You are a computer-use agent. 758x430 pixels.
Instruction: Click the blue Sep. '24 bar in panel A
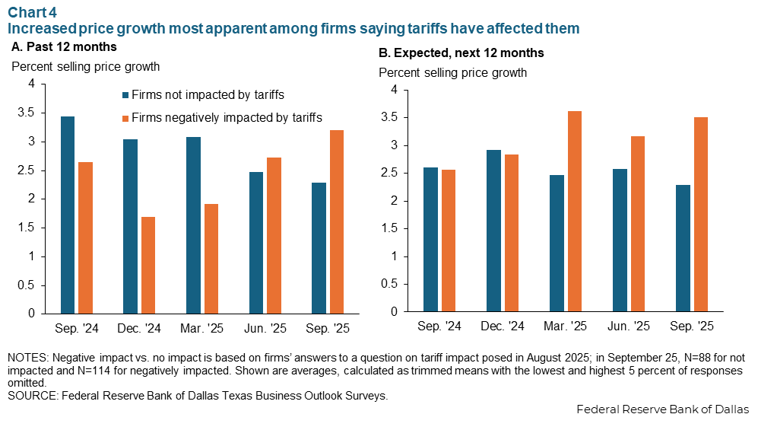point(67,215)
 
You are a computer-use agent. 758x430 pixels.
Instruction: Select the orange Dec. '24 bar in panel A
point(148,265)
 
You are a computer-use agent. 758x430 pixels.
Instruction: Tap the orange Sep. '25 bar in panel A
point(338,221)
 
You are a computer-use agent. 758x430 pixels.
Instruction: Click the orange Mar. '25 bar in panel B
point(574,211)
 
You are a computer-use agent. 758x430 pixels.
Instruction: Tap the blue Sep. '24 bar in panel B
point(430,239)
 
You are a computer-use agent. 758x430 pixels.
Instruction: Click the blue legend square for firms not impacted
point(125,96)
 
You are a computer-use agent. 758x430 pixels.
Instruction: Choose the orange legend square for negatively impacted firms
point(125,118)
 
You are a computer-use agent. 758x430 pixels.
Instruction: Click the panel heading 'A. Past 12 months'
point(64,47)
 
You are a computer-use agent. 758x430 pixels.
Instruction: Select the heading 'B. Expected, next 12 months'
point(461,53)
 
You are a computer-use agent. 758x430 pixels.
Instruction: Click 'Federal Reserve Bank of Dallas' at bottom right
point(662,410)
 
